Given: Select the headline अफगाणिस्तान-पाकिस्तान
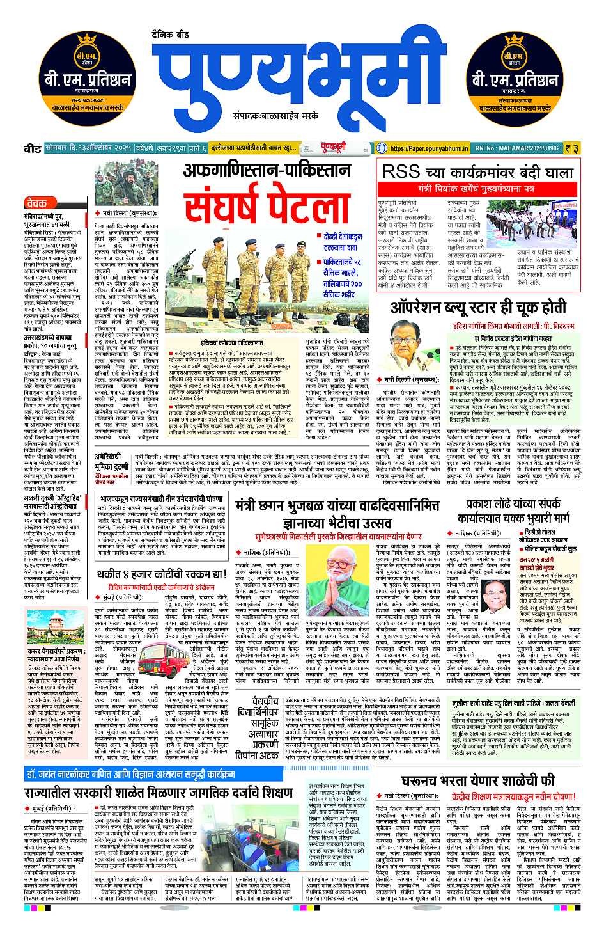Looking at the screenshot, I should pos(267,171).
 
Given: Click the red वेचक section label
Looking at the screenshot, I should pos(37,203).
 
